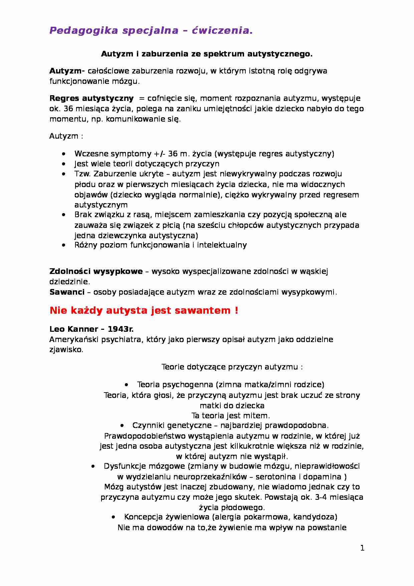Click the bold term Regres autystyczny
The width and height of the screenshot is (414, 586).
click(x=91, y=98)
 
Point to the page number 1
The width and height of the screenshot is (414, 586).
click(x=362, y=548)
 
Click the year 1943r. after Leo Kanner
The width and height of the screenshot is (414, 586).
click(x=121, y=329)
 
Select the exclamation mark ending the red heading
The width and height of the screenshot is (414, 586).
click(x=236, y=310)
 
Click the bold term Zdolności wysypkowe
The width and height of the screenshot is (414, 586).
click(x=96, y=271)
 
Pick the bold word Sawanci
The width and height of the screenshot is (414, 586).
click(x=67, y=292)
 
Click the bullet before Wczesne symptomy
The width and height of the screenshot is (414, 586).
click(x=64, y=154)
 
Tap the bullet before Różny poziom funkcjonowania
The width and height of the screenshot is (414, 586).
click(x=64, y=245)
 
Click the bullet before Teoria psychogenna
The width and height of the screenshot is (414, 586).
click(x=127, y=385)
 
